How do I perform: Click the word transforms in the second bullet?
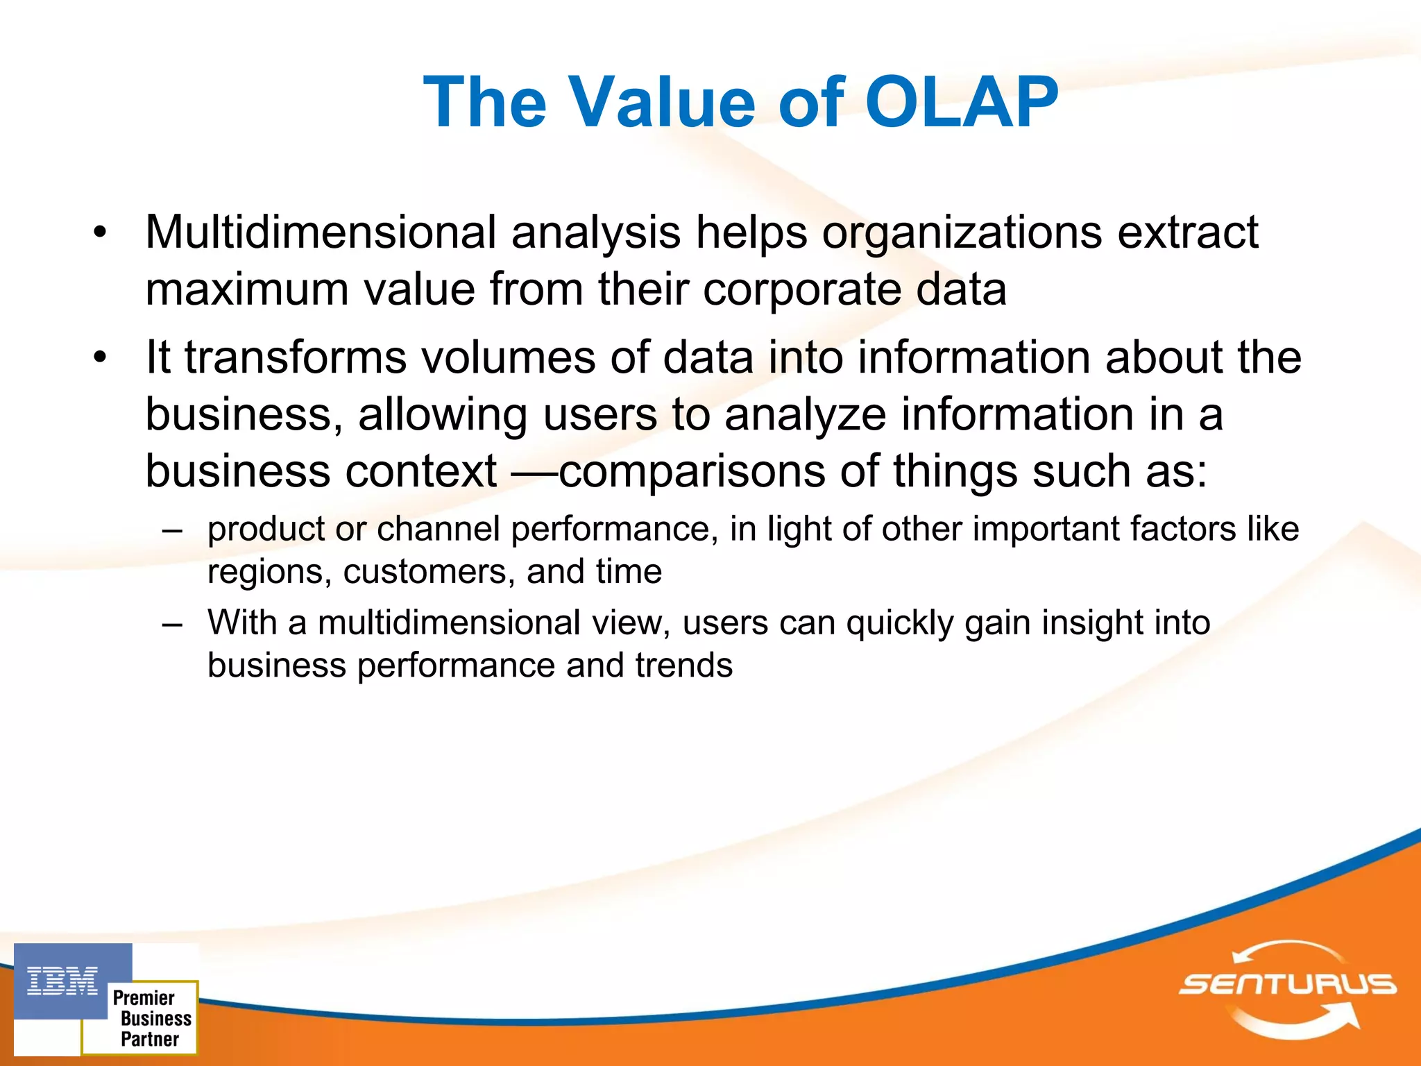296,357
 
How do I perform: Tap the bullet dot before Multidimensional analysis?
101,233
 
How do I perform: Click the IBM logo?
62,981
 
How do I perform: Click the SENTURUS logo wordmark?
1288,984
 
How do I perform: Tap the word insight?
1091,623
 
